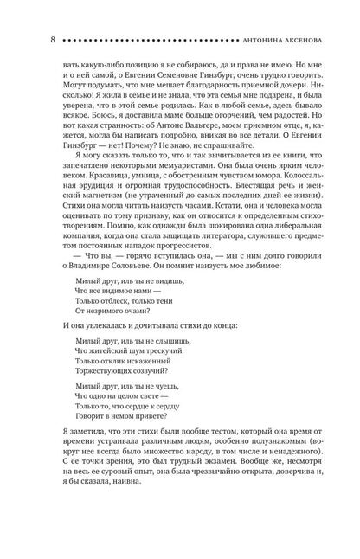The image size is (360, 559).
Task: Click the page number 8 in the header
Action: click(30, 39)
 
